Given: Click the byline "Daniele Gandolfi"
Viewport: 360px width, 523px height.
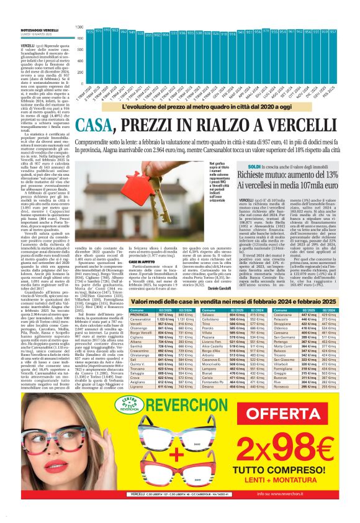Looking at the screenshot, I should click(x=219, y=289).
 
